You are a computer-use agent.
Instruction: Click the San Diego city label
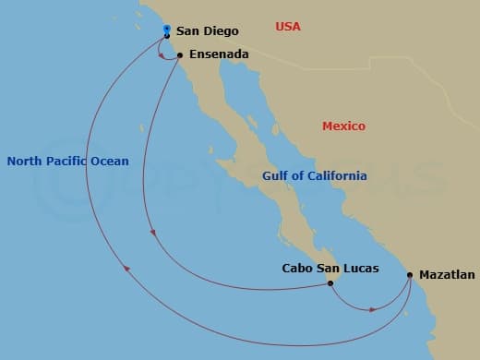tap(207, 30)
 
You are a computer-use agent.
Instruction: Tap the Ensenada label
tap(219, 54)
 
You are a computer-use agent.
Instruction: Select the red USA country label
tap(288, 26)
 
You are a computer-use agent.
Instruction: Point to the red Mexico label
tap(343, 126)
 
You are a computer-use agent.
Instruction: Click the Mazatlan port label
tap(447, 275)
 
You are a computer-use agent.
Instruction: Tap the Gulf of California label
tap(314, 175)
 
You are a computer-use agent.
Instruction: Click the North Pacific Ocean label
tap(67, 161)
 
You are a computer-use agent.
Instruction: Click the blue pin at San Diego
tap(166, 30)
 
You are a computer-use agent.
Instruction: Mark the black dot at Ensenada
tap(179, 55)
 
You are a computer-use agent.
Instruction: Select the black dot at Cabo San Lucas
tap(330, 283)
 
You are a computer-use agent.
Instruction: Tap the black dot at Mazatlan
tap(410, 275)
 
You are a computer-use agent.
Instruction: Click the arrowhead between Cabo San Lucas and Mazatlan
tap(373, 309)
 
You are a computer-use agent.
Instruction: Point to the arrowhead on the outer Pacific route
tap(126, 269)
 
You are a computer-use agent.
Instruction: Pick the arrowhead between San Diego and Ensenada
tap(162, 57)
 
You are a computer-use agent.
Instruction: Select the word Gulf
tap(276, 175)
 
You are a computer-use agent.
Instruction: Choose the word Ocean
tap(110, 161)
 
